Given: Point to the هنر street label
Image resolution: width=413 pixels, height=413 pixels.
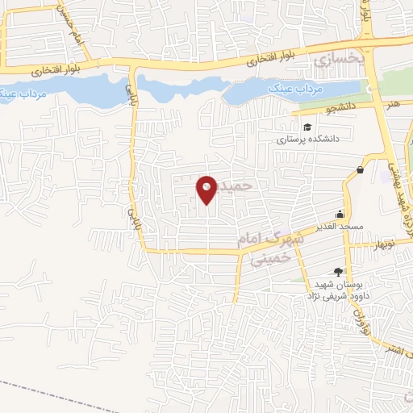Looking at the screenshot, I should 393,104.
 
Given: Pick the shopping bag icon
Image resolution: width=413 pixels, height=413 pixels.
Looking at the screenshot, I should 359,169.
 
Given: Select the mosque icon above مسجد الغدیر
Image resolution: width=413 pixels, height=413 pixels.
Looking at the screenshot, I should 340,214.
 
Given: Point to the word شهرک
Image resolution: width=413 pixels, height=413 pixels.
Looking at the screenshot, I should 288,238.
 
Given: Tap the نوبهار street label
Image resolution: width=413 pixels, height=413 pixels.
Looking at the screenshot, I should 386,244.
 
